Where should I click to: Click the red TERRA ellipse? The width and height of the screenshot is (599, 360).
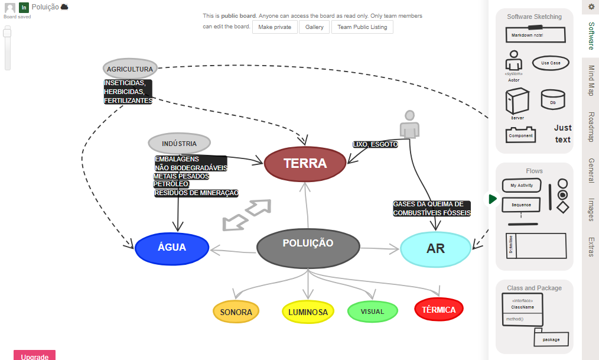[305, 164]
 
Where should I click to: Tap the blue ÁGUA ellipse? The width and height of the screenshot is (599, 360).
[172, 248]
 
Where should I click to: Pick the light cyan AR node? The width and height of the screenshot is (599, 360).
[435, 249]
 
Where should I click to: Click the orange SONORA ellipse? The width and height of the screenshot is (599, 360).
[236, 312]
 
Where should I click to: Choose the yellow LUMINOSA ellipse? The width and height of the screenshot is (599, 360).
[308, 312]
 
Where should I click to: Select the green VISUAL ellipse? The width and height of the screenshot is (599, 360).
[372, 312]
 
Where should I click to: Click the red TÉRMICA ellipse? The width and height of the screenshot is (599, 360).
[439, 310]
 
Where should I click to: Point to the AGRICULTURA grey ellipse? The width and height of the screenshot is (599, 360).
[130, 69]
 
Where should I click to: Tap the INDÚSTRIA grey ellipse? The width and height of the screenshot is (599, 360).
[179, 144]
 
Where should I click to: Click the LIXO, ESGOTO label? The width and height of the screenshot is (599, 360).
[375, 144]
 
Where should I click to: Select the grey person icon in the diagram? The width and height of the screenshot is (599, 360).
[409, 124]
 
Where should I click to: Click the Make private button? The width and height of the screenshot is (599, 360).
[275, 27]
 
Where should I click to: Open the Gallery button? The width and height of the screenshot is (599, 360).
[314, 27]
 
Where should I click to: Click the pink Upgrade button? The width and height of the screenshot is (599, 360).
[34, 356]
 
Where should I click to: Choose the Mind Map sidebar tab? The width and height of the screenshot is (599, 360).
[591, 81]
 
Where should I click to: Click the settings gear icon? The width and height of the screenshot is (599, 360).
[591, 7]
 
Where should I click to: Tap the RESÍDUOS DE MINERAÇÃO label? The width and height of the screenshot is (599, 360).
[196, 193]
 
